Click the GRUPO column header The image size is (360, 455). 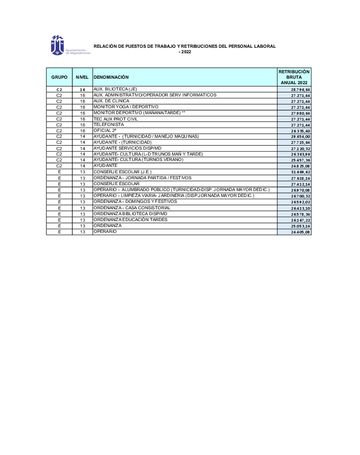[59, 77]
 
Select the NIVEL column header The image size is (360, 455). [82, 77]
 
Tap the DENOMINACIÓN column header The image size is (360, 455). [111, 77]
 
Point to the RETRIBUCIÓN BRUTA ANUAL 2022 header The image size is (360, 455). [294, 77]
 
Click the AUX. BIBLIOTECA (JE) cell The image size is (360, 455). [115, 89]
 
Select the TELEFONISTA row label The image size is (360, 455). [109, 125]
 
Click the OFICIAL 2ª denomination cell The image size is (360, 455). [105, 131]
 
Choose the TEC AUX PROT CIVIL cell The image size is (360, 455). [115, 119]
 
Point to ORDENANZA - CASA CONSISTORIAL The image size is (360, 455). [132, 207]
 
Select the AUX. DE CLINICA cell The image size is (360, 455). [111, 101]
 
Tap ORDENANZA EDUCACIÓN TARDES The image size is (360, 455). [130, 220]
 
